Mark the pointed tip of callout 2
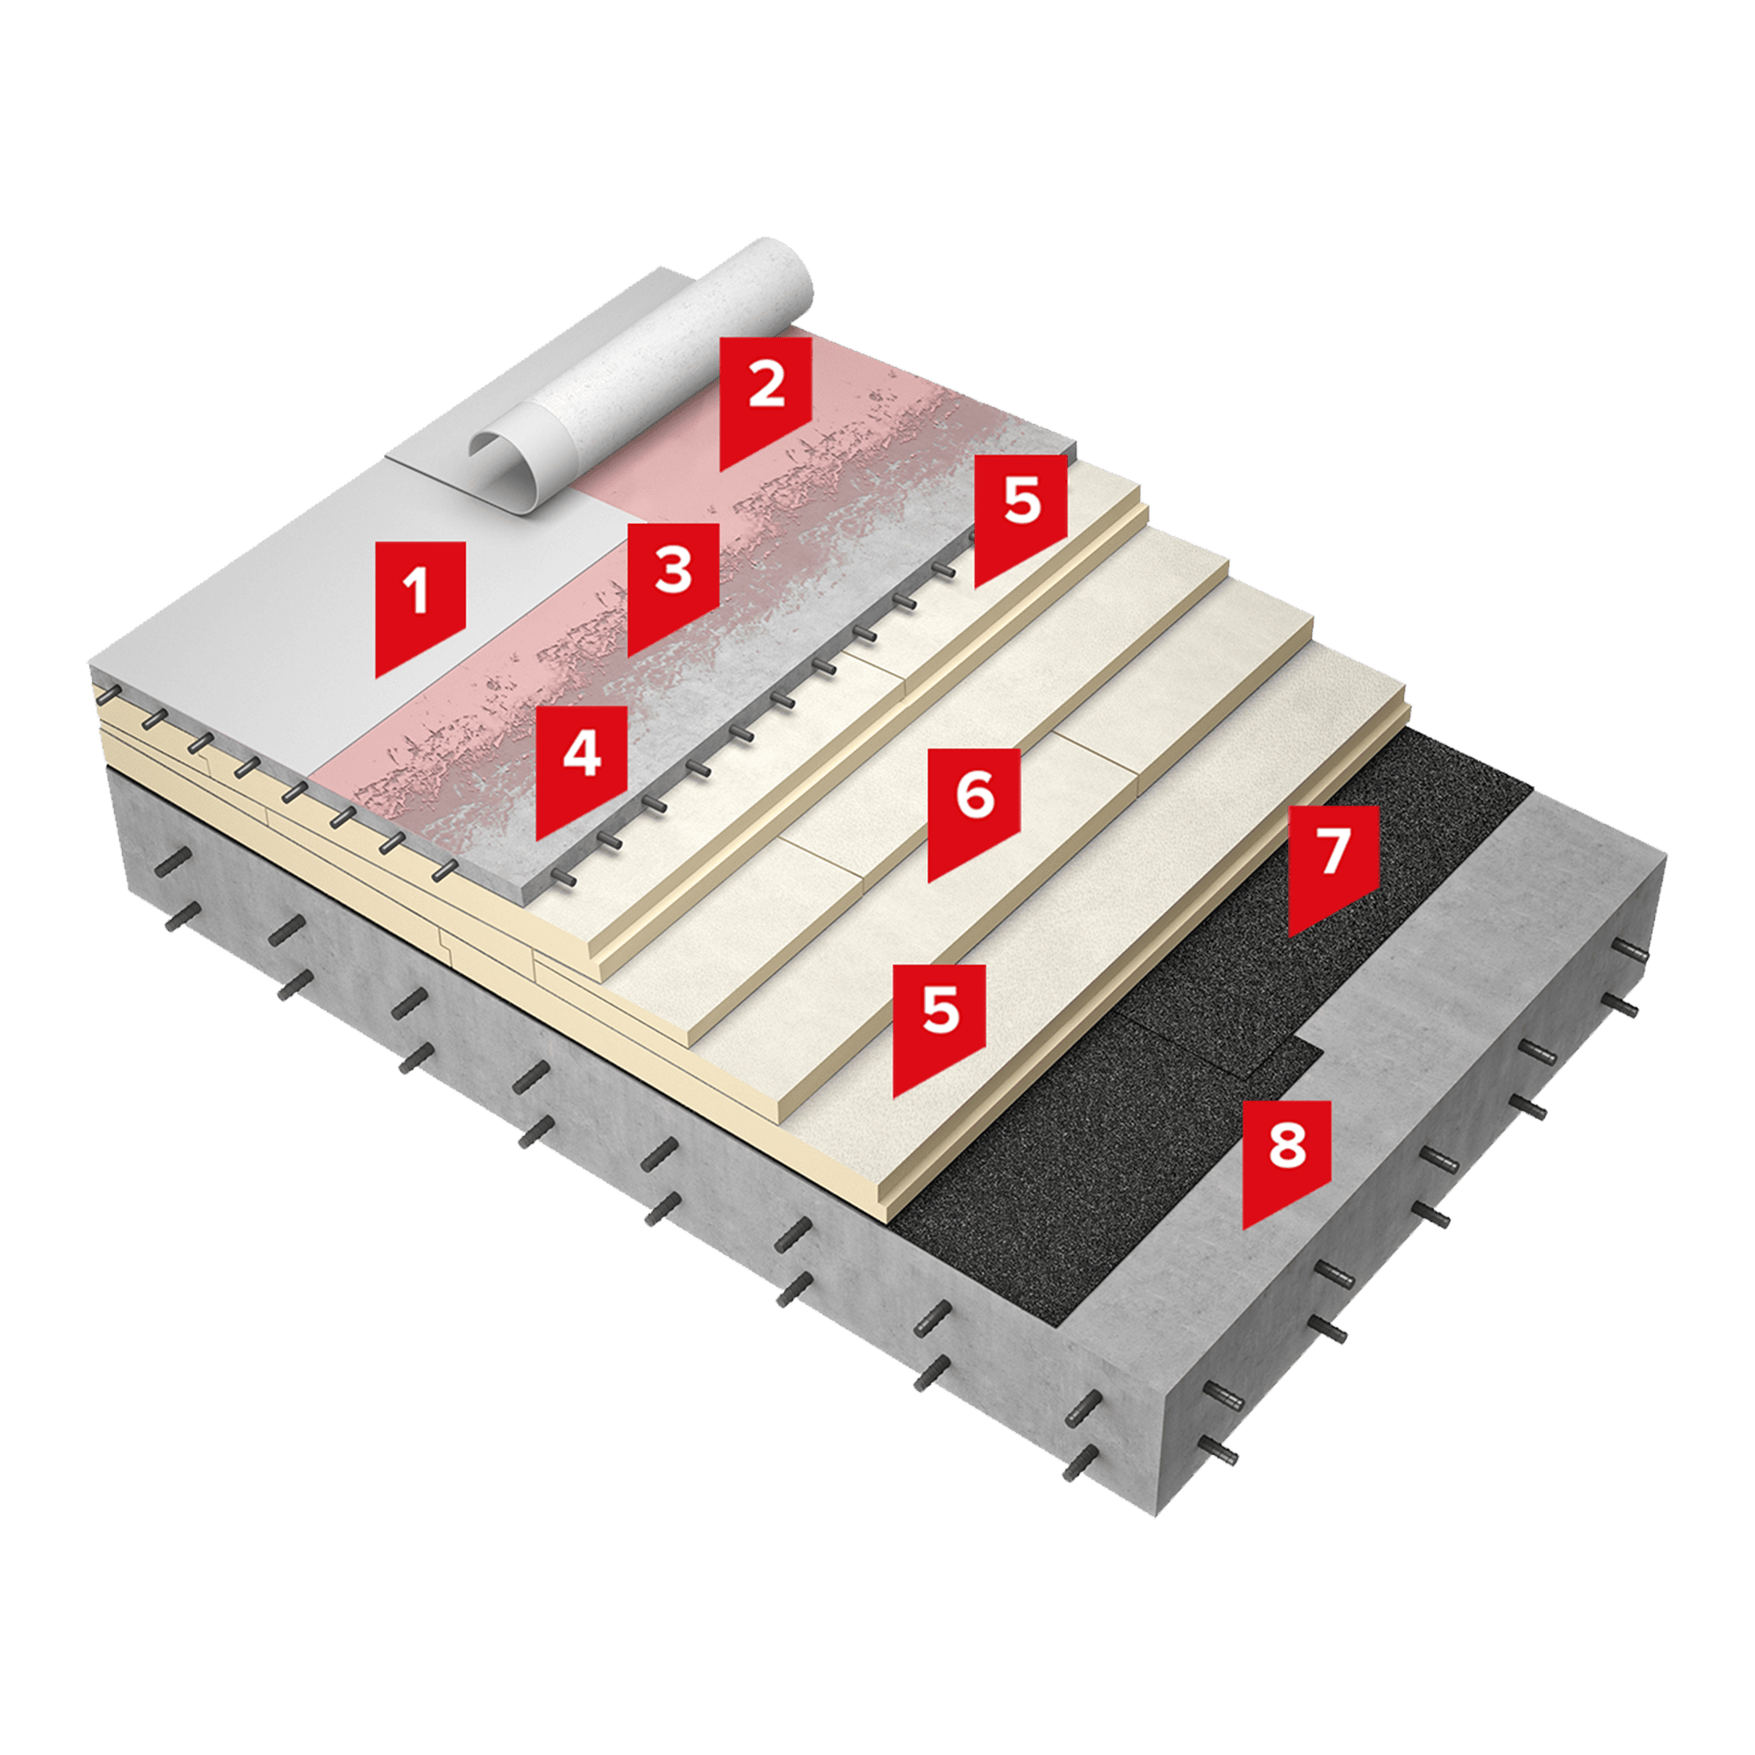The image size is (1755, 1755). tap(721, 470)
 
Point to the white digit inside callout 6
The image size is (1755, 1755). tap(975, 796)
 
